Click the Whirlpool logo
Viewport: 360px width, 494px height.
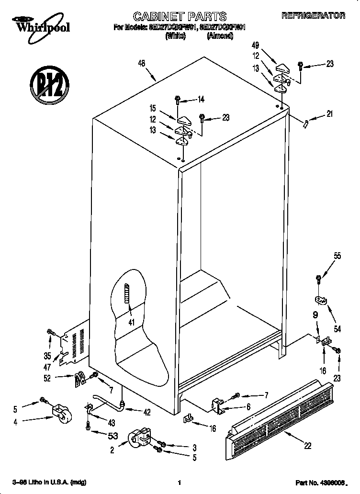click(40, 24)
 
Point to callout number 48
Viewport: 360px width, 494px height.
click(141, 62)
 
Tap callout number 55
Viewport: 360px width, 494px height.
click(337, 256)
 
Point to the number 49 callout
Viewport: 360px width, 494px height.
click(255, 45)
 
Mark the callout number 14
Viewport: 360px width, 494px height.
click(201, 100)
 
